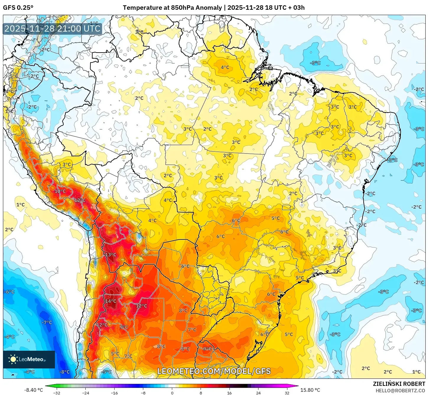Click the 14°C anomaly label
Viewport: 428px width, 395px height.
pos(111,301)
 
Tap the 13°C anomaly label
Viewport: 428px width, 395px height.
pos(111,255)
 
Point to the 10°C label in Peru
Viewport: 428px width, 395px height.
pos(60,191)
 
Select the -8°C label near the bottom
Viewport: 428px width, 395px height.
pos(64,372)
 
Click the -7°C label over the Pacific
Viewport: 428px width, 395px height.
pos(47,322)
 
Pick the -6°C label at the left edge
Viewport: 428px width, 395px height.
pos(9,292)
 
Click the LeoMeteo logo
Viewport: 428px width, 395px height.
pos(29,359)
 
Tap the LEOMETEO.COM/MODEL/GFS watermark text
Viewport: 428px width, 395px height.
pos(214,371)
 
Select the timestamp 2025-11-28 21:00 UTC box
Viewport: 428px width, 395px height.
pos(53,29)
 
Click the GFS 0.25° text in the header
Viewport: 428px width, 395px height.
pos(18,8)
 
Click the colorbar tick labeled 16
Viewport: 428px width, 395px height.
pos(229,393)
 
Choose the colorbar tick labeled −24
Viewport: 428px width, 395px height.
pos(85,393)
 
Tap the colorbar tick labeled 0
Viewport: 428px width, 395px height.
pos(172,393)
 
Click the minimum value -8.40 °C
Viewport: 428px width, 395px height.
pos(33,390)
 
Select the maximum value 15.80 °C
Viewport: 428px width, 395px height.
pos(310,390)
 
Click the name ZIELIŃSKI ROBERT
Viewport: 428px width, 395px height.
pos(399,384)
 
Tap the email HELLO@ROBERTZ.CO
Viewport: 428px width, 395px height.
pos(400,391)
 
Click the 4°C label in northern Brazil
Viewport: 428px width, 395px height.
pos(225,67)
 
